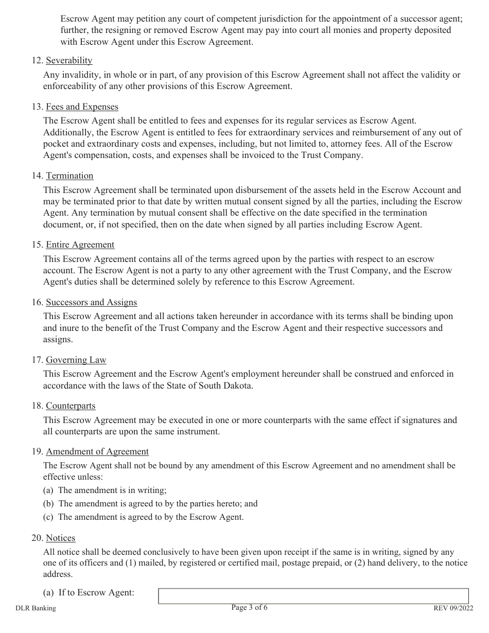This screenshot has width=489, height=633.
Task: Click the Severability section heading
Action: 69,61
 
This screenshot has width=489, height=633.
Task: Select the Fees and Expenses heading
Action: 82,107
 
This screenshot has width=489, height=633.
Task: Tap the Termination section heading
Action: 69,176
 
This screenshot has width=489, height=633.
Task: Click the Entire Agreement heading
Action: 80,245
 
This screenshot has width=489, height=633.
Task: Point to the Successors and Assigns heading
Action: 92,303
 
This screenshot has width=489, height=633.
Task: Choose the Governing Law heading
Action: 76,360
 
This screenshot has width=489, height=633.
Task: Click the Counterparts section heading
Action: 71,406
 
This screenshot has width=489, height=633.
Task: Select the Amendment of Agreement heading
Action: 97,452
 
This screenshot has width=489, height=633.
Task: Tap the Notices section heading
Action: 61,538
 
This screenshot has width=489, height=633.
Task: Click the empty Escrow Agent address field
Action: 313,596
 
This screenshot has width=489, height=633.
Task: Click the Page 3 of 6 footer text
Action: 250,608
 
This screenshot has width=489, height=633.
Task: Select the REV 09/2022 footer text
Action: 453,608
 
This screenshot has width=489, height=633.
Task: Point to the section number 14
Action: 37,176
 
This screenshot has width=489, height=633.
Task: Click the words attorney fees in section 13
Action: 336,144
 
